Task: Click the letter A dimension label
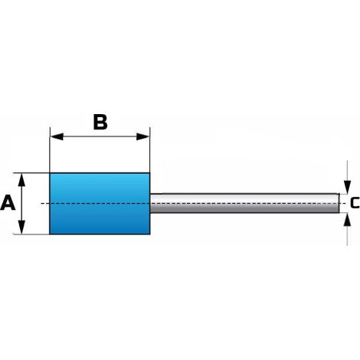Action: point(8,202)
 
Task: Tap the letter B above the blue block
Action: point(100,122)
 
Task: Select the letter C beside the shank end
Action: point(355,202)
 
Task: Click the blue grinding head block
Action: point(100,204)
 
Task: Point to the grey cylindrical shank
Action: point(244,203)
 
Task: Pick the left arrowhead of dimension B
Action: point(57,136)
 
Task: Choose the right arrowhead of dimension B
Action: point(143,136)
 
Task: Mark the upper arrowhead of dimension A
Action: point(22,179)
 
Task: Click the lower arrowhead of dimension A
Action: point(22,227)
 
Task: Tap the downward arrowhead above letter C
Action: point(347,187)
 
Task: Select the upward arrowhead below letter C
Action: point(347,219)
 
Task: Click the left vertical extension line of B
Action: point(50,149)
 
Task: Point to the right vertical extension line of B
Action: point(150,149)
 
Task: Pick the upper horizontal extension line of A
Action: point(31,173)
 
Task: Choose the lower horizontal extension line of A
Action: point(31,234)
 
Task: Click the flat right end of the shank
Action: point(339,203)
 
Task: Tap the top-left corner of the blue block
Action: point(50,173)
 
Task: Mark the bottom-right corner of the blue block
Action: point(150,234)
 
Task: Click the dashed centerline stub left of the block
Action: point(45,204)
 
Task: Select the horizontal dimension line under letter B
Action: point(100,136)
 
